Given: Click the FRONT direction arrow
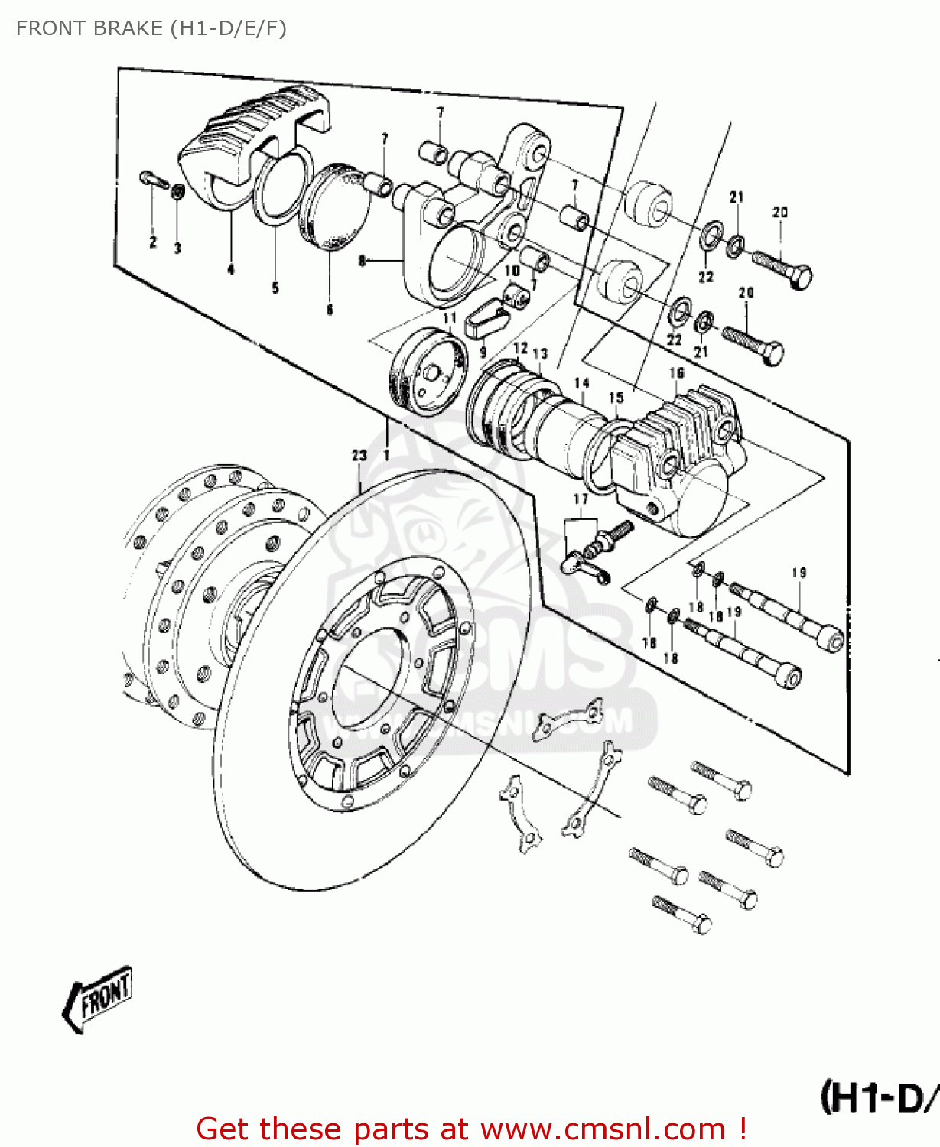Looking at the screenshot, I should click(x=97, y=998).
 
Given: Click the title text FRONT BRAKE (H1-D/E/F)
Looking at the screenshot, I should click(x=151, y=28).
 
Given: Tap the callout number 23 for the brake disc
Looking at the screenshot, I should click(x=359, y=455).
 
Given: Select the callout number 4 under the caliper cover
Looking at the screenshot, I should click(x=231, y=268).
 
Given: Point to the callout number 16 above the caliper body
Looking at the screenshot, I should click(x=676, y=373).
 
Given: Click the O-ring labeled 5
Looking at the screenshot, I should click(x=282, y=188).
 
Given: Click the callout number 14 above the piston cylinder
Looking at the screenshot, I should click(x=582, y=383).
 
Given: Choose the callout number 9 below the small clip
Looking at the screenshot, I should click(x=483, y=353).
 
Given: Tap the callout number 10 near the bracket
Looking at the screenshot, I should click(x=512, y=270).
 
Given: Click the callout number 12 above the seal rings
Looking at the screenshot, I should click(x=521, y=348).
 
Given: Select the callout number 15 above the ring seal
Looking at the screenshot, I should click(x=616, y=398).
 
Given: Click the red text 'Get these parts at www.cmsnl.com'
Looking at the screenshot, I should click(x=470, y=1129).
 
